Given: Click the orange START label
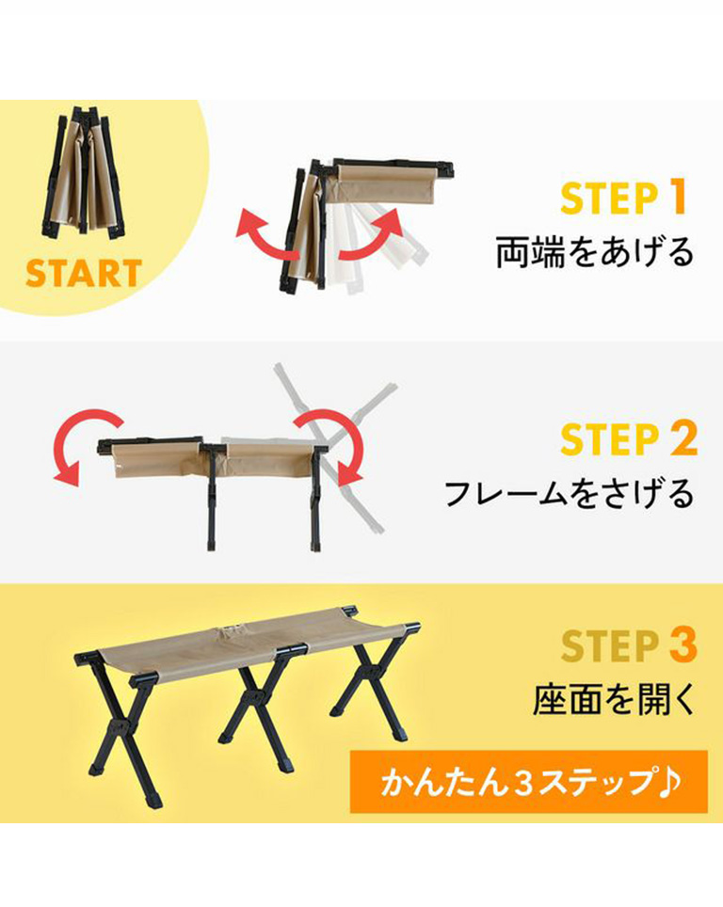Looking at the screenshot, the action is click(84, 273).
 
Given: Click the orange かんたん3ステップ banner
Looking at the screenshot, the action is click(528, 782).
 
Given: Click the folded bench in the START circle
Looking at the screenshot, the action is click(85, 173).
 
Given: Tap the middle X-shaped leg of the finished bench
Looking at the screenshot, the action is click(255, 694).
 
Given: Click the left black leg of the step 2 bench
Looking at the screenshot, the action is click(211, 498).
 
